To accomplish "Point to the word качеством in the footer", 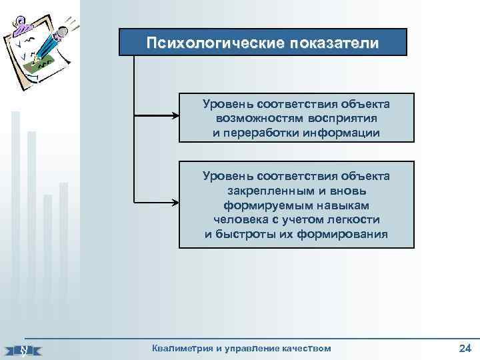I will [x=304, y=349].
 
